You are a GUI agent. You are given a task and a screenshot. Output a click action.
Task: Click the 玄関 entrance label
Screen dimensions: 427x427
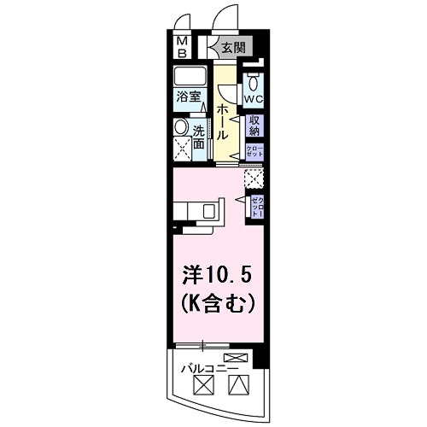pos(231,48)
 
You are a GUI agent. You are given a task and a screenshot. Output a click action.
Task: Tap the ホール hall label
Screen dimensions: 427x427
pos(223,123)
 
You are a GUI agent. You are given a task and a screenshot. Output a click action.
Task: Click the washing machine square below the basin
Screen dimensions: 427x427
pos(182,152)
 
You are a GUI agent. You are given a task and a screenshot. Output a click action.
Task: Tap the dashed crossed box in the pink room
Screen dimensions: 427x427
pos(254,179)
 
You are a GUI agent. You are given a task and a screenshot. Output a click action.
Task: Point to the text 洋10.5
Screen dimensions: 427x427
pos(218,276)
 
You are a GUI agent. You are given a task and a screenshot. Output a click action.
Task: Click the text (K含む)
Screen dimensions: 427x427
pos(218,301)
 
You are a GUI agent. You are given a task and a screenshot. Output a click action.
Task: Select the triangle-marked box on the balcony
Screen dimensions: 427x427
pos(237,385)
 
